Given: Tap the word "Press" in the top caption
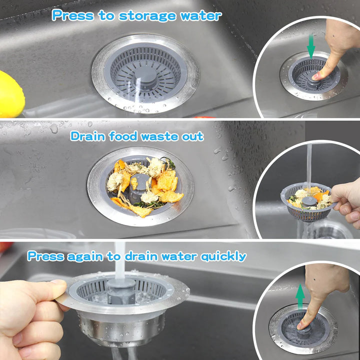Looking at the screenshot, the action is click(73, 15).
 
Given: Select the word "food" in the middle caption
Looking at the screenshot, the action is click(123, 136).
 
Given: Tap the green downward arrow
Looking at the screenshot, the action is click(311, 46).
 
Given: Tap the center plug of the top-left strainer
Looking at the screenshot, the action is click(145, 78).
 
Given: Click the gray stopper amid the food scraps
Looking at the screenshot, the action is click(138, 186).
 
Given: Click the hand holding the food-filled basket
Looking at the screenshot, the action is click(346, 202).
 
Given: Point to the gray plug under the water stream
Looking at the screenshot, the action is click(121, 291).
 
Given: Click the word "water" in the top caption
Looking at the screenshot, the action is click(201, 16).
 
